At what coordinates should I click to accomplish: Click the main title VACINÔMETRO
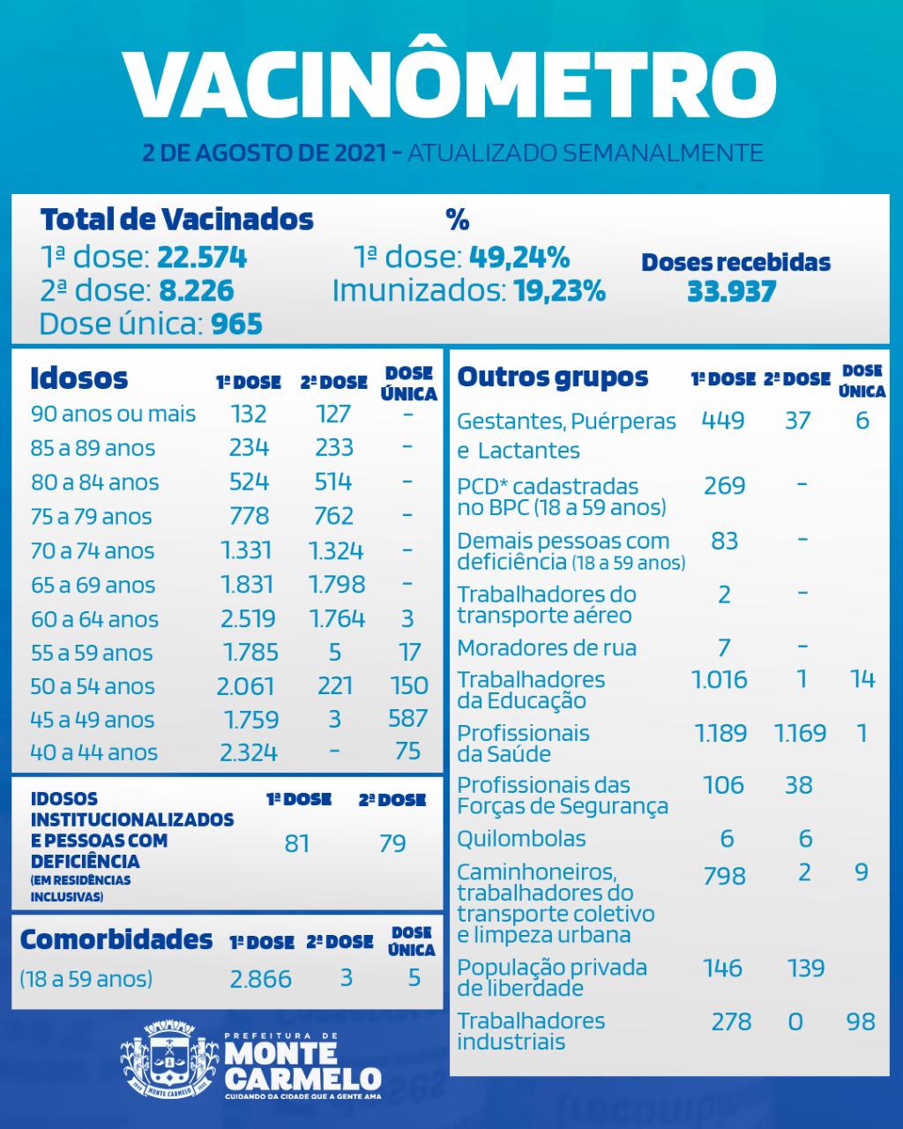point(451,83)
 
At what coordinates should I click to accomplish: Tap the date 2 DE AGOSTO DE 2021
point(264,153)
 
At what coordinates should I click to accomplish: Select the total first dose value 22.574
point(202,257)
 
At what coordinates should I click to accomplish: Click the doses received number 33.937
point(732,291)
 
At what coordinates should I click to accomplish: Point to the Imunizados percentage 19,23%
point(559,290)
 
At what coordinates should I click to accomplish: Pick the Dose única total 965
point(236,324)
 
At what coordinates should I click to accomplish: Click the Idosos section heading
point(78,378)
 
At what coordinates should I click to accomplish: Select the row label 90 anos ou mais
point(113,414)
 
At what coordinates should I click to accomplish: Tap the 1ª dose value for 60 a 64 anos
point(248,619)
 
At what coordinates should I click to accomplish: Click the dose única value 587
point(407,718)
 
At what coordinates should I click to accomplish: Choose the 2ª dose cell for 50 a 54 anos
point(335,685)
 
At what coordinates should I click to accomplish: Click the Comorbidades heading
point(116,940)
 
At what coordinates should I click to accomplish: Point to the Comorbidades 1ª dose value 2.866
point(260,979)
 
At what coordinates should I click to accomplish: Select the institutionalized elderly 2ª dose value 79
point(392,844)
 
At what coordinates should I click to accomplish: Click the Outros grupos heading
point(552,378)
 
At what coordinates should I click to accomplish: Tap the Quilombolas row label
point(521,839)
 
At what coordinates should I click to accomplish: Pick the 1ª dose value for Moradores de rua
point(724,648)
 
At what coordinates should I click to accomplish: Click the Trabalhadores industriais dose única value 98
point(860,1021)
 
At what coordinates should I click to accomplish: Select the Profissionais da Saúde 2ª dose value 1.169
point(800,733)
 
